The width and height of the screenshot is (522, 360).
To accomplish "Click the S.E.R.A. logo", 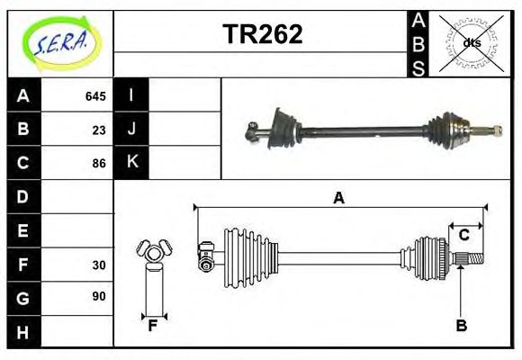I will point(59,41).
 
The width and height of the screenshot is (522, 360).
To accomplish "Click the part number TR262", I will point(262,34).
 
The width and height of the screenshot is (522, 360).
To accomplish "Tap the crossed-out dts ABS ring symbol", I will point(471,42).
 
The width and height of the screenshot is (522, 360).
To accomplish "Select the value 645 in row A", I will point(95,96).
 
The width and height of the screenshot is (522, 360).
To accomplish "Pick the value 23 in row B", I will point(99,130).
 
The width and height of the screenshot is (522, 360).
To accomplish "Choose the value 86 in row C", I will point(99,164).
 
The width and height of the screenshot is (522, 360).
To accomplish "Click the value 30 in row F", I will point(99,265).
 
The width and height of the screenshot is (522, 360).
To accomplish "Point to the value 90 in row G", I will point(99,296).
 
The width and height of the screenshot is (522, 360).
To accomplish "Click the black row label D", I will point(23,196).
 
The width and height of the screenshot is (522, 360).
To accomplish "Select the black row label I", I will point(132,95).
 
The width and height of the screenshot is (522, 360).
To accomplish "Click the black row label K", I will point(132,163).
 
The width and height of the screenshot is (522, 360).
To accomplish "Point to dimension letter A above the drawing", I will point(338,198).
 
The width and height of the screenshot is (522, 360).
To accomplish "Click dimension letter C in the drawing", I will point(463,236).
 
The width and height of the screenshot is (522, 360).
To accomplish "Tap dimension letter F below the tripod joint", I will point(154,326).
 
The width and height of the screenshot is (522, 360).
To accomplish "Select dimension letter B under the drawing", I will point(461,326).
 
